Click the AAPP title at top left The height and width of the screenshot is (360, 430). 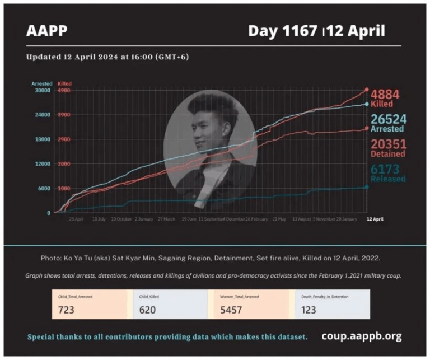(46, 31)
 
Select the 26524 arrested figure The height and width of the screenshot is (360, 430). (387, 119)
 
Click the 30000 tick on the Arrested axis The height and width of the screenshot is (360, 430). (43, 90)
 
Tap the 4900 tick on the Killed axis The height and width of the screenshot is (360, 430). (64, 90)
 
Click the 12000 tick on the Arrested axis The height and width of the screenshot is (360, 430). (43, 163)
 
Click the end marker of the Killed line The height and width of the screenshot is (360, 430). (367, 90)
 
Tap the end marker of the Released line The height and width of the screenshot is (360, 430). (367, 187)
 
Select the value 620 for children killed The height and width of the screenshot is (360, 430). (147, 310)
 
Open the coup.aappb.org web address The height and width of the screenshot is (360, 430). (361, 336)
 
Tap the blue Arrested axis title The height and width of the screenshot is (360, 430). (41, 83)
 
